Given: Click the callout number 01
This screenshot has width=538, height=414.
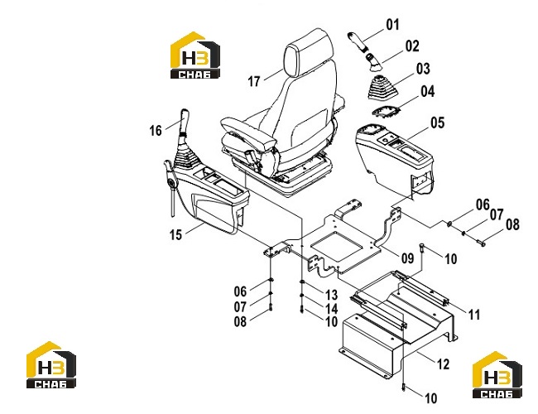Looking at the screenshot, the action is point(393,25).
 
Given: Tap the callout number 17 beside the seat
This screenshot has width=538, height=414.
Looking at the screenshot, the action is point(254,81).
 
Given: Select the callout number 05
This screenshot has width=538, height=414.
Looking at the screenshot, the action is point(438,123).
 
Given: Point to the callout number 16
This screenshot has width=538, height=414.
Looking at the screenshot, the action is point(156,131).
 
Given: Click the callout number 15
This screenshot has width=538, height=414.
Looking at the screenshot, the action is point(175,235).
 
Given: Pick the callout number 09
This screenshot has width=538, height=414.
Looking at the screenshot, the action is point(407,258).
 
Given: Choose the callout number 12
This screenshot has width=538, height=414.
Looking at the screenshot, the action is point(443,363).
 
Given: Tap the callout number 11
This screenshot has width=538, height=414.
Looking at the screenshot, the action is point(474,314).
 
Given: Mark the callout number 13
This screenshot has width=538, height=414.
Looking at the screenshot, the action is point(331,295).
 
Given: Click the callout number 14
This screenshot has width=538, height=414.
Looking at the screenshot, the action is point(331,308).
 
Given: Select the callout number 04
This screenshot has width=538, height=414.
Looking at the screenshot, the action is point(428,91).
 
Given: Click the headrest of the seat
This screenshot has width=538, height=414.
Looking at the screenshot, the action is point(309,52).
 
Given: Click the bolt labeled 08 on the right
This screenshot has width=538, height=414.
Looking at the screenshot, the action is point(481,243).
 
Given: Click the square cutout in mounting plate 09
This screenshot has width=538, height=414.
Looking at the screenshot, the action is point(336,246).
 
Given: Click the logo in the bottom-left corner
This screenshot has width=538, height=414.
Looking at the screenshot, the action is point(51,365).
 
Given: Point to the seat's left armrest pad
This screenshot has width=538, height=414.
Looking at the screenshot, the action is point(248,132).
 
